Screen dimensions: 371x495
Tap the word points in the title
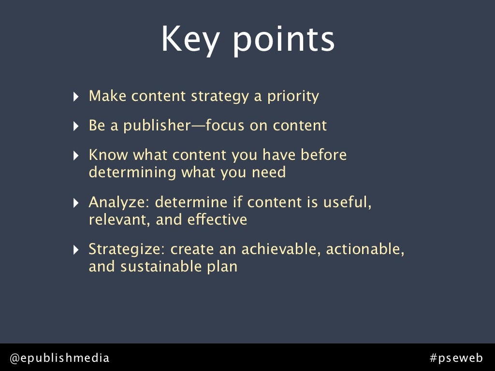284,41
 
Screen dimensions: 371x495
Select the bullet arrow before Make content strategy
76,97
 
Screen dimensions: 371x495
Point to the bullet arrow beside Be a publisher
76,127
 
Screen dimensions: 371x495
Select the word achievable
281,249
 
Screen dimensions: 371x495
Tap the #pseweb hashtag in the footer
456,358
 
